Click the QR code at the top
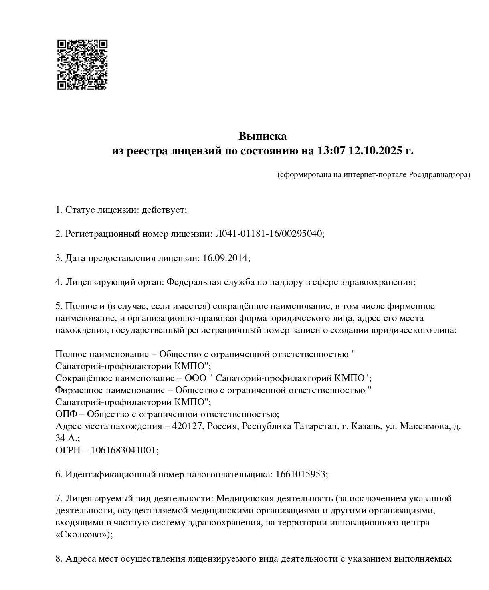82,64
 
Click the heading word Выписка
263,136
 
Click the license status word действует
164,210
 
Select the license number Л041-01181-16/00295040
269,234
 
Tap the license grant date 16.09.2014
225,258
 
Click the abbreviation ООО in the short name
195,378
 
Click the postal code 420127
186,426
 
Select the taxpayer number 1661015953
301,474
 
